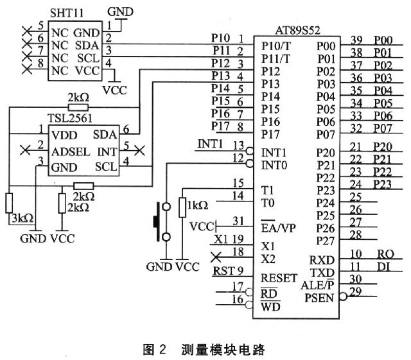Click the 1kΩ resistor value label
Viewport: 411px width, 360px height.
coord(197,205)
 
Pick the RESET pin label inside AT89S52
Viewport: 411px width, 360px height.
coord(279,278)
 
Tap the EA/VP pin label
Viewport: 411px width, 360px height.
coord(278,228)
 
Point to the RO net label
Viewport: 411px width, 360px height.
coord(383,253)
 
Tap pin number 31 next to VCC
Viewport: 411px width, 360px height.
coord(239,221)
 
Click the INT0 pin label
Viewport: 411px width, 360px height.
coord(274,166)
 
